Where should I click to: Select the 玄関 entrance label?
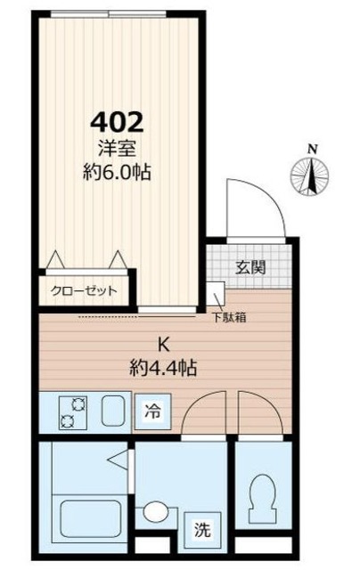(250, 266)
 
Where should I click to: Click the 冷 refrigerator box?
(152, 412)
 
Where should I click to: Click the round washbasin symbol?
(154, 512)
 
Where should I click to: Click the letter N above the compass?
(312, 149)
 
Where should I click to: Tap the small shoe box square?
(215, 294)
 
